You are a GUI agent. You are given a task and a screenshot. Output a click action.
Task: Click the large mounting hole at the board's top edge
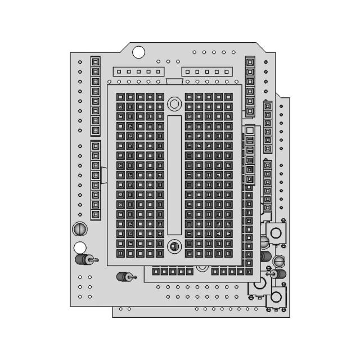tap(138, 52)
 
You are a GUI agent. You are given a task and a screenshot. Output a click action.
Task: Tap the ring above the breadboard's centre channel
tap(174, 103)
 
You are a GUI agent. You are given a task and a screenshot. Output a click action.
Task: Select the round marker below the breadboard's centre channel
tap(174, 246)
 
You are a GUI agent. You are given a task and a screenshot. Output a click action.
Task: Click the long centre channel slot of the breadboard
tap(174, 175)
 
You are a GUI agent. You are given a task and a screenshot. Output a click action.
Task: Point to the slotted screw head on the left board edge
tap(80, 229)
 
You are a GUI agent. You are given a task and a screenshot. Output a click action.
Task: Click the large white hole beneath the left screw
tap(80, 247)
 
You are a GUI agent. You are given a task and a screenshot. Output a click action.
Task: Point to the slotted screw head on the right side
tap(278, 260)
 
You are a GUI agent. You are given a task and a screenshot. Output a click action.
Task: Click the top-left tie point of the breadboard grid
tap(120, 97)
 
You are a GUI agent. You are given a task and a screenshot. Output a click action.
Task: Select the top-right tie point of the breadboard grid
tap(228, 97)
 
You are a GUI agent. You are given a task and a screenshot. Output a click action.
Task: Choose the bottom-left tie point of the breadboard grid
tap(120, 253)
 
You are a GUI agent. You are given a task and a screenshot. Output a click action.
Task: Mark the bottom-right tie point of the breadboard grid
tap(228, 253)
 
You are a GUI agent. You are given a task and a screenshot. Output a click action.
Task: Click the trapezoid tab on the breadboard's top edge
tap(174, 82)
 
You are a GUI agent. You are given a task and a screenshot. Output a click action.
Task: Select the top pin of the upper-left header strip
tap(96, 61)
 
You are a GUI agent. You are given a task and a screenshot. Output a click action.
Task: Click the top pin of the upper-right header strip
tap(250, 61)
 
